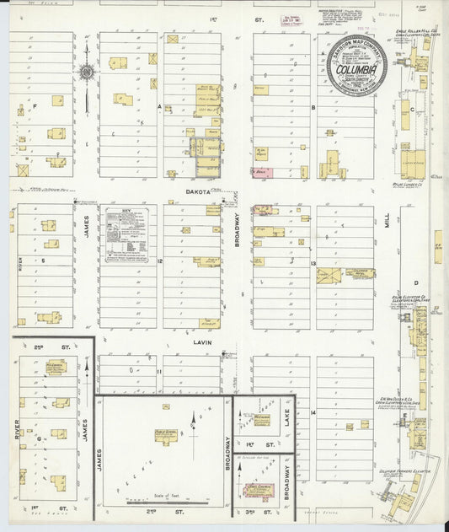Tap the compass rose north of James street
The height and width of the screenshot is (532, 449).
[x=87, y=73]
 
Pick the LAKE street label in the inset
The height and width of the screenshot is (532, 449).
[x=286, y=413]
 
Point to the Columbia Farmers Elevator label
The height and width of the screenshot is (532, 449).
[x=401, y=459]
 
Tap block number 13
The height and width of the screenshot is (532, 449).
[x=312, y=263]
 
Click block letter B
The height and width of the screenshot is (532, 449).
[x=313, y=107]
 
